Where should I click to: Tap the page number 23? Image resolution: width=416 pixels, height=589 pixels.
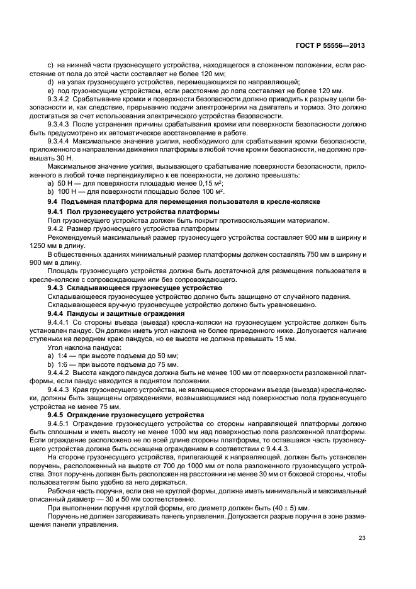point(362,537)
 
